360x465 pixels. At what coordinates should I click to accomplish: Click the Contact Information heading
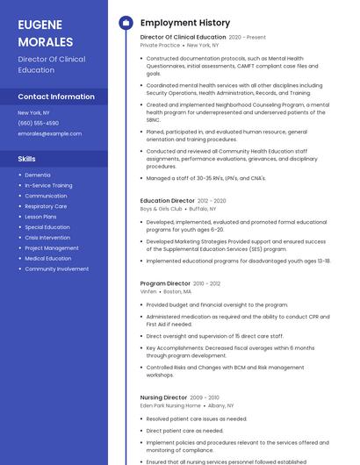tap(56, 97)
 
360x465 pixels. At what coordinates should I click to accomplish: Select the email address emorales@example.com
tap(49, 134)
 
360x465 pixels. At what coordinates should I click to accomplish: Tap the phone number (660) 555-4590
tap(38, 124)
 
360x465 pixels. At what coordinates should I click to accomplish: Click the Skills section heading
tap(26, 159)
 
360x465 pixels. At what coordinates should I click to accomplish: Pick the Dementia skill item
tap(38, 175)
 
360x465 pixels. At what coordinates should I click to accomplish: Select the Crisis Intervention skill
tap(47, 237)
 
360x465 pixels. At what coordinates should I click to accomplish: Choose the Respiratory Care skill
tap(46, 206)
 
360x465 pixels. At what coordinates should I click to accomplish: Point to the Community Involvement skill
tap(56, 268)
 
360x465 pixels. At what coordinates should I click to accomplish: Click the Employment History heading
tap(185, 23)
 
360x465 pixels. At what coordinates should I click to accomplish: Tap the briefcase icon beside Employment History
tap(126, 23)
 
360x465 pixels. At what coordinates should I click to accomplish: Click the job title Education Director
tap(168, 201)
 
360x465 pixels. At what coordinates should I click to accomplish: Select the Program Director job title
tap(165, 283)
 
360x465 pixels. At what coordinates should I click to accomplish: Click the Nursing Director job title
tap(163, 397)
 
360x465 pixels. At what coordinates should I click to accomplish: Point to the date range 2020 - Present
tap(248, 38)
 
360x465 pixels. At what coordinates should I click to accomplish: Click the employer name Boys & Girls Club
tap(161, 209)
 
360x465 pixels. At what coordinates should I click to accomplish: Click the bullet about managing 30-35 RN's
tap(205, 178)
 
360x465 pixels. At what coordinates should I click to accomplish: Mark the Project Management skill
tap(51, 247)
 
